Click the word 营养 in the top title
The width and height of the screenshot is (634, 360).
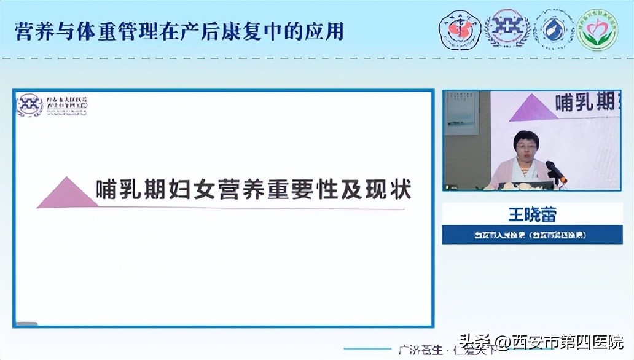31,31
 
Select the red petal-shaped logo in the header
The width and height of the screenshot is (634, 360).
459,30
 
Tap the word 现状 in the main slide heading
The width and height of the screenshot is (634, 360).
389,189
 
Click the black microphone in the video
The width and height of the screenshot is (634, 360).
555,171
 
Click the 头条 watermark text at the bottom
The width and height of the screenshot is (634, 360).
466,342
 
